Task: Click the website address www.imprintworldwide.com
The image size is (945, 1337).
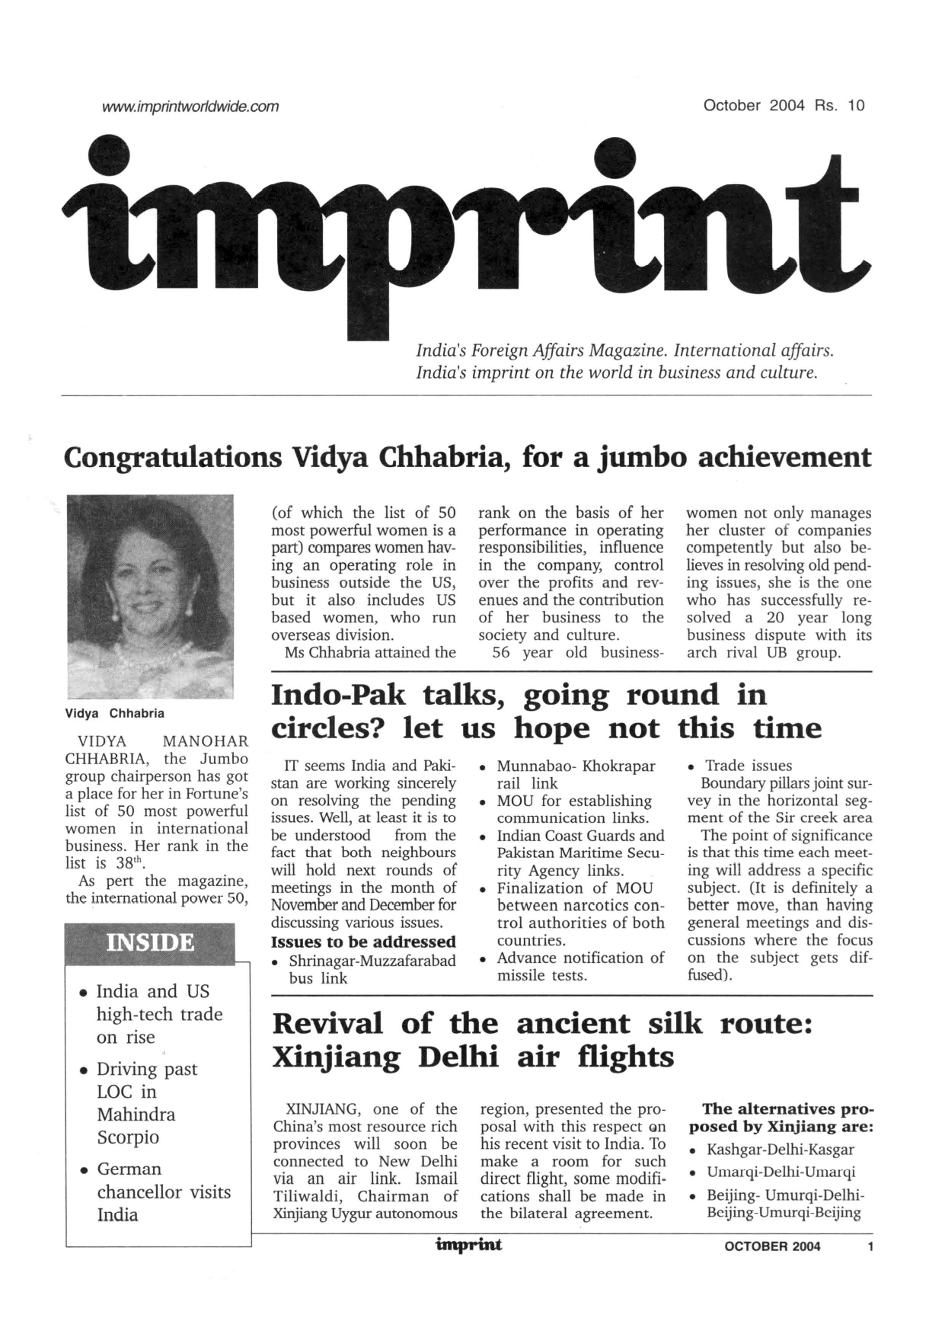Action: click(190, 106)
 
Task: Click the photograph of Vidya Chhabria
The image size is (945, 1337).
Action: click(150, 595)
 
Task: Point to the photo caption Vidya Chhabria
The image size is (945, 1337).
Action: click(115, 713)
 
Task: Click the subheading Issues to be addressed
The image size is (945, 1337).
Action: click(363, 942)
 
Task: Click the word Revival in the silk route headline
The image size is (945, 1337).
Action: click(328, 1023)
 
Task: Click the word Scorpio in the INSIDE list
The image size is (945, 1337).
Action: click(128, 1137)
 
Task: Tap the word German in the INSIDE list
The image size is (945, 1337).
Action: click(129, 1169)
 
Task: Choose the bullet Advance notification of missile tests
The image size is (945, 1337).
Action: click(579, 967)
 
